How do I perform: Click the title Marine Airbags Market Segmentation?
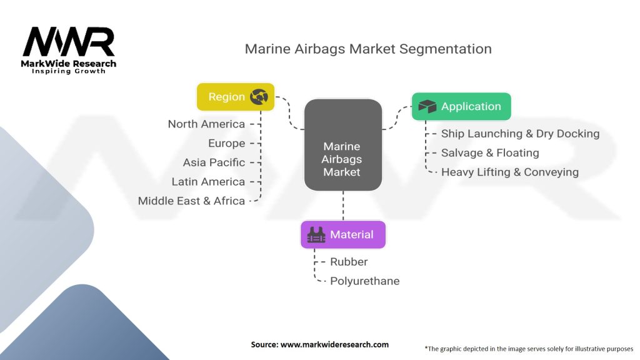coord(367,49)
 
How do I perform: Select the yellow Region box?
coord(236,97)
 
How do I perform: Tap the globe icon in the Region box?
coord(259,97)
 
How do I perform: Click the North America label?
coord(206,124)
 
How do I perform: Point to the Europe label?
coord(226,143)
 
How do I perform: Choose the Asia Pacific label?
coord(214,162)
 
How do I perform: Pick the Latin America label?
coord(208,182)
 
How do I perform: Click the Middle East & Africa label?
coord(191,201)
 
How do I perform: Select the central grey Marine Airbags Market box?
coord(342,145)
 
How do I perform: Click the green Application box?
coord(461,107)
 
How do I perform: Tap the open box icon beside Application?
coord(427,107)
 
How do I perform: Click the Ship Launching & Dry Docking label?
coord(520,134)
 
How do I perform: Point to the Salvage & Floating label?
coord(489,152)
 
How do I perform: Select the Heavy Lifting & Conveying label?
coord(509,172)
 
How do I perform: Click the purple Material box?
coord(343,235)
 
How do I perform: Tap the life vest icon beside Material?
coord(316,235)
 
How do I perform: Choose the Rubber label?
coord(349,262)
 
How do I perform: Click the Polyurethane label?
coord(364,281)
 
